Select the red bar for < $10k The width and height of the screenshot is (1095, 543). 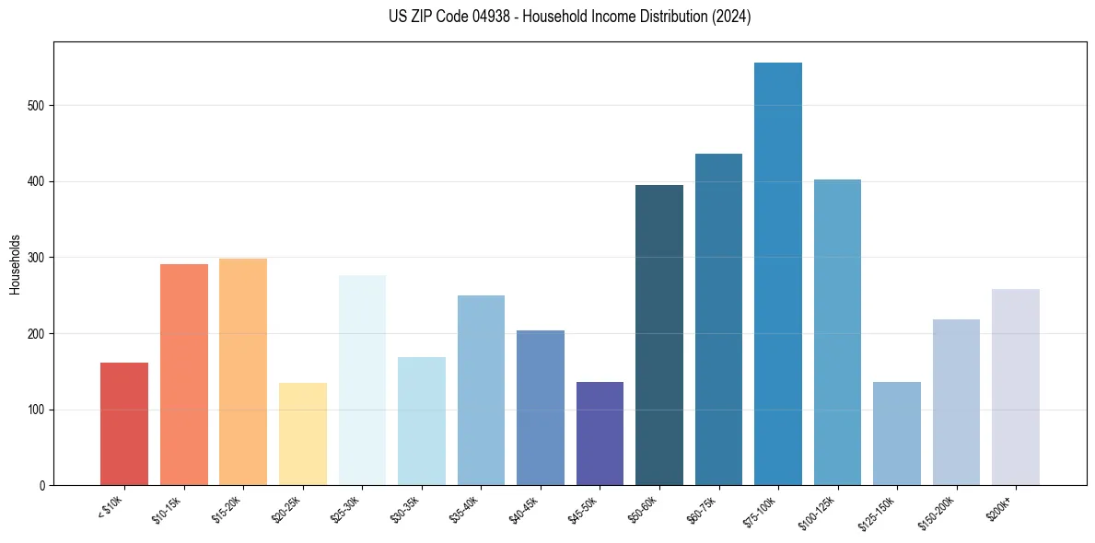click(124, 424)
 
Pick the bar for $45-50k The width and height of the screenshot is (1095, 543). click(600, 433)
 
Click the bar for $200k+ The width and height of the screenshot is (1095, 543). click(1016, 387)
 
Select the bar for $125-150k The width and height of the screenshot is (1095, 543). click(897, 433)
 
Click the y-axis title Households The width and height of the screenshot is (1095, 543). click(15, 264)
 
